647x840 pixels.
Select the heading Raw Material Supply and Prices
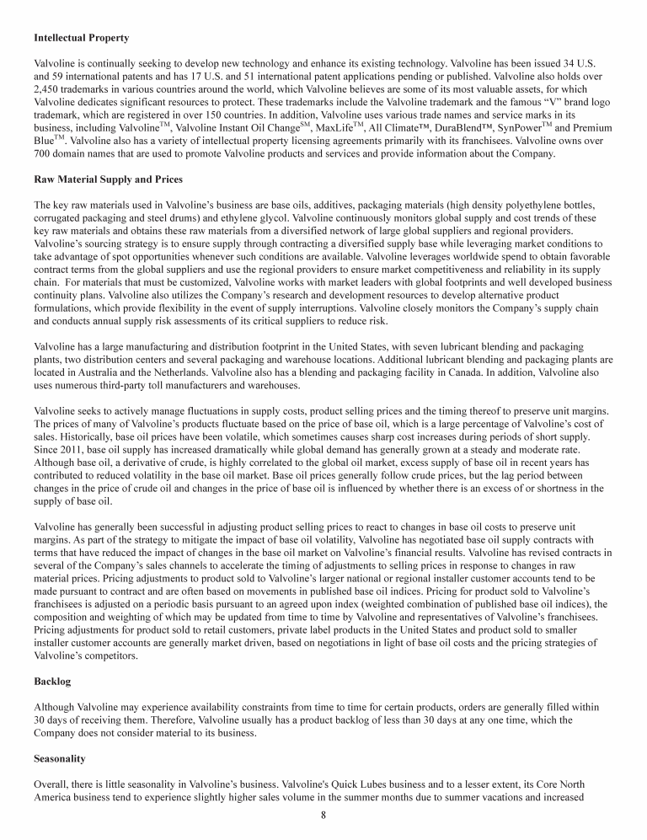(108, 179)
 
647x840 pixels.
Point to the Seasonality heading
(60, 759)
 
